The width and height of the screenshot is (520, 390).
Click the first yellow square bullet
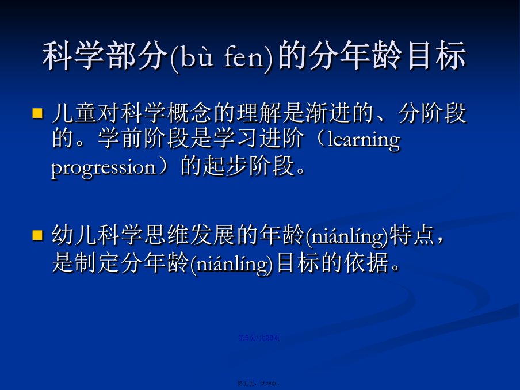coord(38,113)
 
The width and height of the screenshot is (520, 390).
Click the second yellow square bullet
coord(38,235)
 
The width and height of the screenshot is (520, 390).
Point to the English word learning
coord(364,140)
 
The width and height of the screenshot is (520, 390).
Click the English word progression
coord(104,167)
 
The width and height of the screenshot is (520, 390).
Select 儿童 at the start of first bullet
coord(74,113)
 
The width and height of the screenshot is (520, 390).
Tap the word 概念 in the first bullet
coord(189,113)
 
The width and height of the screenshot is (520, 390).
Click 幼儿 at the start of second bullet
coord(74,235)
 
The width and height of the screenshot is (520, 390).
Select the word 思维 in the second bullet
coord(166,235)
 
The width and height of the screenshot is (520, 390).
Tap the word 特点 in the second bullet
coord(412,235)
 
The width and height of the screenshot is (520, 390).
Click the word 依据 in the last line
coord(366,263)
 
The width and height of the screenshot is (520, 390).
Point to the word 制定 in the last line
coord(97,263)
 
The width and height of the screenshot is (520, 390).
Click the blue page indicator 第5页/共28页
coord(259,338)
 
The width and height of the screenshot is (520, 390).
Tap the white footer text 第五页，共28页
coord(259,383)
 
